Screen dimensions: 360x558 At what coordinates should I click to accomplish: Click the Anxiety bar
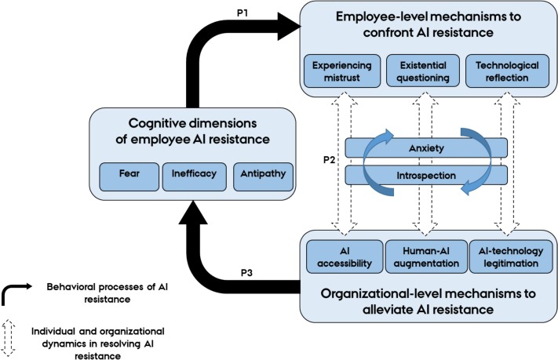coord(428,147)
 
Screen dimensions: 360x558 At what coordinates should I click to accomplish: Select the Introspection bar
coord(428,174)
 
